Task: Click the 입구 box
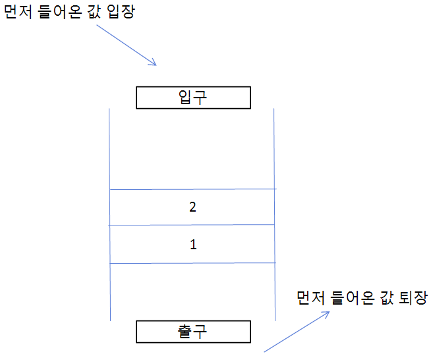193,98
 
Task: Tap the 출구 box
193,331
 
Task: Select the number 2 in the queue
192,207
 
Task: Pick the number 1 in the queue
192,245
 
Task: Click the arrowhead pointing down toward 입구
154,63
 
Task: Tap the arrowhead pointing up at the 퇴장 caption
326,314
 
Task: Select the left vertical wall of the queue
109,152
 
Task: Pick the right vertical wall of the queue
273,152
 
